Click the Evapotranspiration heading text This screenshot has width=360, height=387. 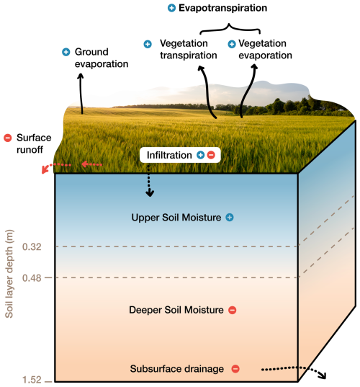(x=222, y=8)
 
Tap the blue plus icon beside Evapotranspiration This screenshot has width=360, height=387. (x=171, y=8)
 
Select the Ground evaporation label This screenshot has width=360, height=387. (x=102, y=58)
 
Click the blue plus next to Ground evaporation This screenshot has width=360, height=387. (x=66, y=52)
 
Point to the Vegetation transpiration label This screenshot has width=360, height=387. (x=189, y=49)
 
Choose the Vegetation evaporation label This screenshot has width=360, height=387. (x=265, y=49)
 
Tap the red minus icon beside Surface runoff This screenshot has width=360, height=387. (x=8, y=138)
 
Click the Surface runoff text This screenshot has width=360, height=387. (x=34, y=143)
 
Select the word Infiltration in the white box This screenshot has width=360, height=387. (x=169, y=155)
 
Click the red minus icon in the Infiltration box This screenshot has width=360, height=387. (x=211, y=155)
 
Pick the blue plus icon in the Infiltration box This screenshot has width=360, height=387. (x=200, y=155)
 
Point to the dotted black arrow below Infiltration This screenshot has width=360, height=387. (x=149, y=181)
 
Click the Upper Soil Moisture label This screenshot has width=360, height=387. (x=176, y=218)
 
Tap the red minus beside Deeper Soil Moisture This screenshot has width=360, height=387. (x=232, y=310)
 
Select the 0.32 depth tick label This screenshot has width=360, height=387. (x=32, y=246)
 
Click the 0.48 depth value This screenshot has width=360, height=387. (x=32, y=278)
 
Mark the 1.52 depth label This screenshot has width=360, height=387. (x=32, y=380)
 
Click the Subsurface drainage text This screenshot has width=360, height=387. (x=177, y=369)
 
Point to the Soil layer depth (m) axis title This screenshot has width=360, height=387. (x=9, y=274)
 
